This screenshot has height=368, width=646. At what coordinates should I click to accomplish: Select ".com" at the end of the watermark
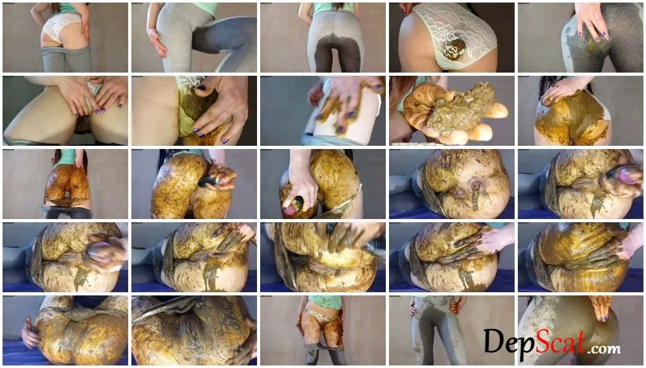pos(605,349)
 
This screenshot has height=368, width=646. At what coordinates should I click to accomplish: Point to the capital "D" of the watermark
pos(494,340)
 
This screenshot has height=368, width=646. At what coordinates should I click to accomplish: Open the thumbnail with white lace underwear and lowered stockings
pos(65,37)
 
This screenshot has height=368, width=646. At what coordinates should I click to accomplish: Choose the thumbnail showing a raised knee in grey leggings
pos(194,37)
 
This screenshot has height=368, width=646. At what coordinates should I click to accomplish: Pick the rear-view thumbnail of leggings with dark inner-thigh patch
pos(323,37)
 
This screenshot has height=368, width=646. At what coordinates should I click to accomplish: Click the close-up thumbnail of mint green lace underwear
pos(452,37)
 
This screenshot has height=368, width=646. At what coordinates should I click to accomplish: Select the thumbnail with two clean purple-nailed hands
pos(65,110)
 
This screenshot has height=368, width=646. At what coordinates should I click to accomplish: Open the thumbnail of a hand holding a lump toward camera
pos(452,110)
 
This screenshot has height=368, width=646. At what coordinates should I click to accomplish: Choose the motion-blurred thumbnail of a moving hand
pos(323,110)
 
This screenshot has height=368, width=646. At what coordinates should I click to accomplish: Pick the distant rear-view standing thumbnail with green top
pos(65,184)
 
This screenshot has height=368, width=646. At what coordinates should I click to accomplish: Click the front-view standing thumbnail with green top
pos(323,330)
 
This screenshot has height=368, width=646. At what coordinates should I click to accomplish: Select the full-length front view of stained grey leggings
pos(452,330)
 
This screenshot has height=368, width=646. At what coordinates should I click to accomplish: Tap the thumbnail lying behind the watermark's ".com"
pos(581,330)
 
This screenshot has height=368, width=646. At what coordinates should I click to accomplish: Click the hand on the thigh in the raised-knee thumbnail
pos(158,40)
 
